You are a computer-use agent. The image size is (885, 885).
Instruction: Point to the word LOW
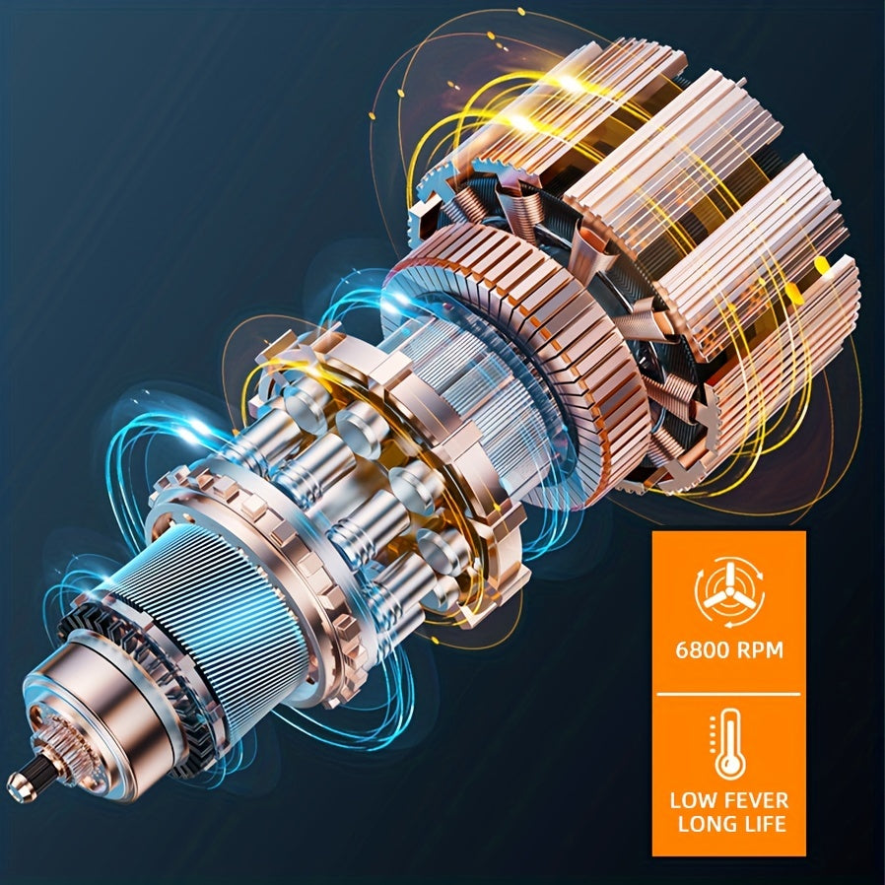[692, 800]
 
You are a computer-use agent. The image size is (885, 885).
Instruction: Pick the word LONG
[705, 824]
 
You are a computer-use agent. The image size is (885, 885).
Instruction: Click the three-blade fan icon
[728, 592]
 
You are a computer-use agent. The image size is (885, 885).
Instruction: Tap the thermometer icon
[728, 744]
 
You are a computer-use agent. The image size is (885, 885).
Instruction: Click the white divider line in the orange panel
[728, 694]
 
